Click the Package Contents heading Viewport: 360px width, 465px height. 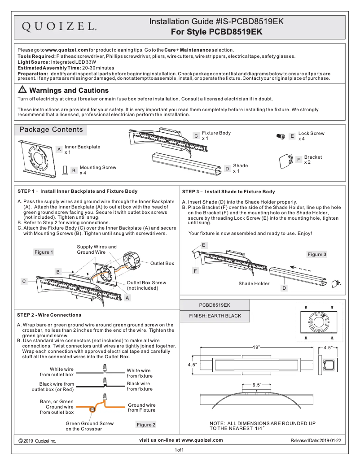click(51, 130)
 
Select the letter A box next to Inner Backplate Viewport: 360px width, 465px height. click(59, 149)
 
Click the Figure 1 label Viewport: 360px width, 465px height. click(44, 252)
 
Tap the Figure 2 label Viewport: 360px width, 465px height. click(146, 424)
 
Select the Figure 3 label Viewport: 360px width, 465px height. click(317, 254)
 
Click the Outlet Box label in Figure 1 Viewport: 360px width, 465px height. click(162, 263)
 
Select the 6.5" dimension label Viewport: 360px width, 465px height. click(256, 385)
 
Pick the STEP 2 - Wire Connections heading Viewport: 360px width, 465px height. click(49, 315)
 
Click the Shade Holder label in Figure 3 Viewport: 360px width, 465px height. click(254, 283)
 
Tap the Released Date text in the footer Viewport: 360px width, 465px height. click(316, 440)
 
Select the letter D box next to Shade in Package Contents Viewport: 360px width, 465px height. click(227, 169)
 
